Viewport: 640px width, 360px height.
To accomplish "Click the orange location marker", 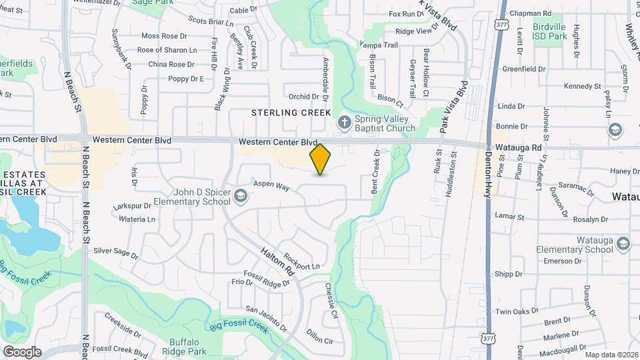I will (x=321, y=159).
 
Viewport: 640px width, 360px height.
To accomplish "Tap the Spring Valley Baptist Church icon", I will (x=344, y=121).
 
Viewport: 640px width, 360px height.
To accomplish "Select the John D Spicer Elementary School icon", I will (x=240, y=195).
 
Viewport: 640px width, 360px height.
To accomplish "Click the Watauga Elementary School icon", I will (x=623, y=243).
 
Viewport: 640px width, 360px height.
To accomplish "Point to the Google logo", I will (x=22, y=351).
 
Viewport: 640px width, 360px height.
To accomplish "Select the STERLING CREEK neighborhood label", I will (x=291, y=113).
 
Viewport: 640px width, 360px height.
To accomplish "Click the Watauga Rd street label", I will (x=517, y=147).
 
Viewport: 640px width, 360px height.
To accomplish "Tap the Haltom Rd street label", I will (x=277, y=259).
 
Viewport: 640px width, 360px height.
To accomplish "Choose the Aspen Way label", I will (x=271, y=185).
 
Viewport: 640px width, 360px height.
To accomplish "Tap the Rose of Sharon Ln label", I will (x=167, y=50).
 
